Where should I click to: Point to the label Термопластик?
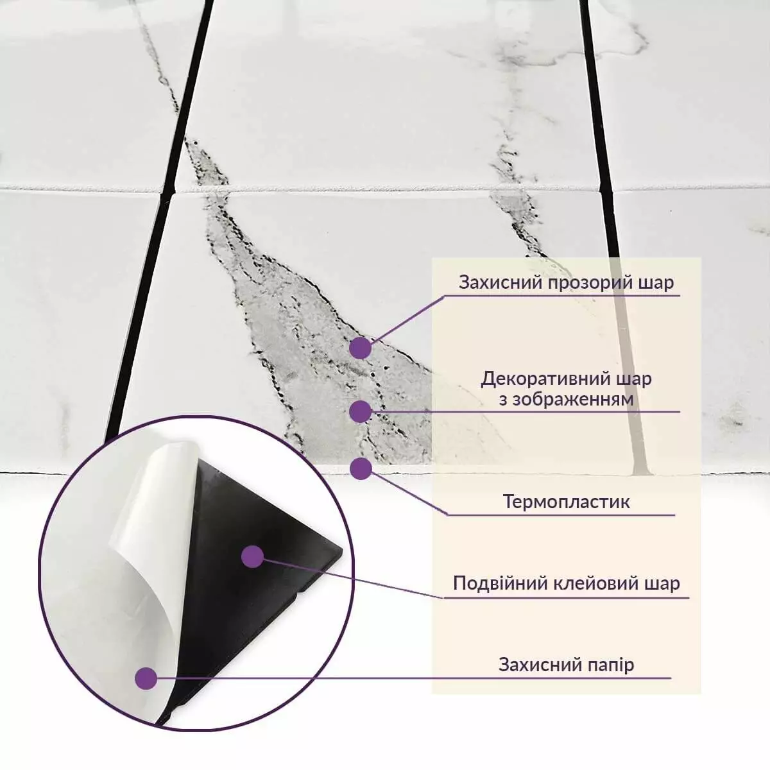(567, 501)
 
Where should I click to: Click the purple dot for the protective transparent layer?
(361, 348)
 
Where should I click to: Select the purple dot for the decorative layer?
(361, 411)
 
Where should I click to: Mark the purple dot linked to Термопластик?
(361, 468)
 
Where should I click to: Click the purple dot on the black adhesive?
(253, 556)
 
